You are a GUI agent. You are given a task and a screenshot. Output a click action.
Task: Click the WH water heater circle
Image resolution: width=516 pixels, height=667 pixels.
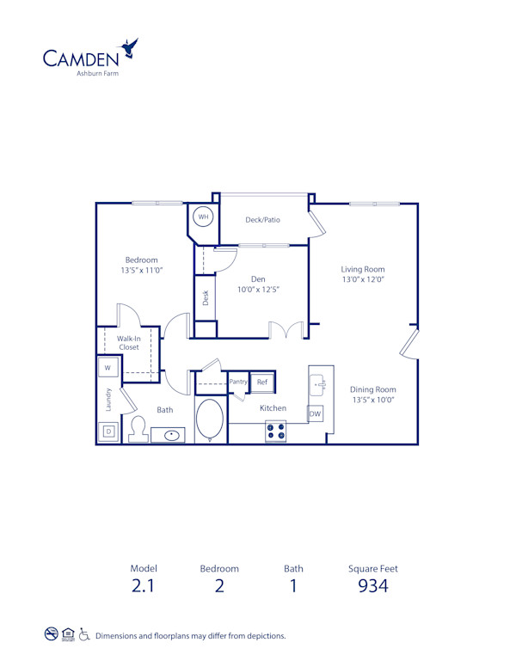tap(204, 217)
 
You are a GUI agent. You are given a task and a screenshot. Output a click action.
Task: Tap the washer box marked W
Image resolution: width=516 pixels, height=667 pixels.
tap(108, 367)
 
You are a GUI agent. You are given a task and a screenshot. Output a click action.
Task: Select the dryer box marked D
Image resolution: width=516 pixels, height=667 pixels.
tap(108, 432)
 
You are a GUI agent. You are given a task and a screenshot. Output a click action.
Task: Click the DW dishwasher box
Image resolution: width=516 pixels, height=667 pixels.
tap(316, 414)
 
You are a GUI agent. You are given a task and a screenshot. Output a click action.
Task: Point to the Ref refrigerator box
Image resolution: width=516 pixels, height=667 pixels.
tap(262, 382)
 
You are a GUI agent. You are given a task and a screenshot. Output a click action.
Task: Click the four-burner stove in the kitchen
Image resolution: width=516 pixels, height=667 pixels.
tap(276, 431)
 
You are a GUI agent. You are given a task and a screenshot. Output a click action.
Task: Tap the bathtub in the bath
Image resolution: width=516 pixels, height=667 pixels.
tap(210, 420)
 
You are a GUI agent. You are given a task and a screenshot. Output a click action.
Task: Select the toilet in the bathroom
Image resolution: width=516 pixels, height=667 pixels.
tap(138, 429)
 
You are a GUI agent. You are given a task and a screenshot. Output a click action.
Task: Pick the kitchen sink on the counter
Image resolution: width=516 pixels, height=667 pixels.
tap(316, 382)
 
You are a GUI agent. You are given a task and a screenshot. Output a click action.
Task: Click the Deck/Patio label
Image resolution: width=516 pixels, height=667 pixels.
tap(262, 220)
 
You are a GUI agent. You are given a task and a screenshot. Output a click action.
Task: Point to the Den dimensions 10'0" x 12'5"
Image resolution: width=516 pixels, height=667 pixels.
tap(259, 290)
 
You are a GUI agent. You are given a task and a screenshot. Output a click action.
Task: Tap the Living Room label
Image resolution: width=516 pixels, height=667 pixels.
tap(362, 269)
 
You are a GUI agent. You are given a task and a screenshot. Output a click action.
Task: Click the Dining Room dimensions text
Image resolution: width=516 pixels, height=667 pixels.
tap(372, 401)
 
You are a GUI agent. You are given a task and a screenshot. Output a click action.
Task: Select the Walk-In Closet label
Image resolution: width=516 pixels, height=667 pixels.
tap(129, 343)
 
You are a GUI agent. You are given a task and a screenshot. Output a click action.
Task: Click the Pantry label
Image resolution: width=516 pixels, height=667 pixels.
tap(238, 382)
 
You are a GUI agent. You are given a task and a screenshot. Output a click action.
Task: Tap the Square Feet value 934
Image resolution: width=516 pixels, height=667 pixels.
tap(372, 586)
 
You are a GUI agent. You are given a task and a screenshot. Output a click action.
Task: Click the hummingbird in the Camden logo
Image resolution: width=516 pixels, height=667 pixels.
tap(131, 48)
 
